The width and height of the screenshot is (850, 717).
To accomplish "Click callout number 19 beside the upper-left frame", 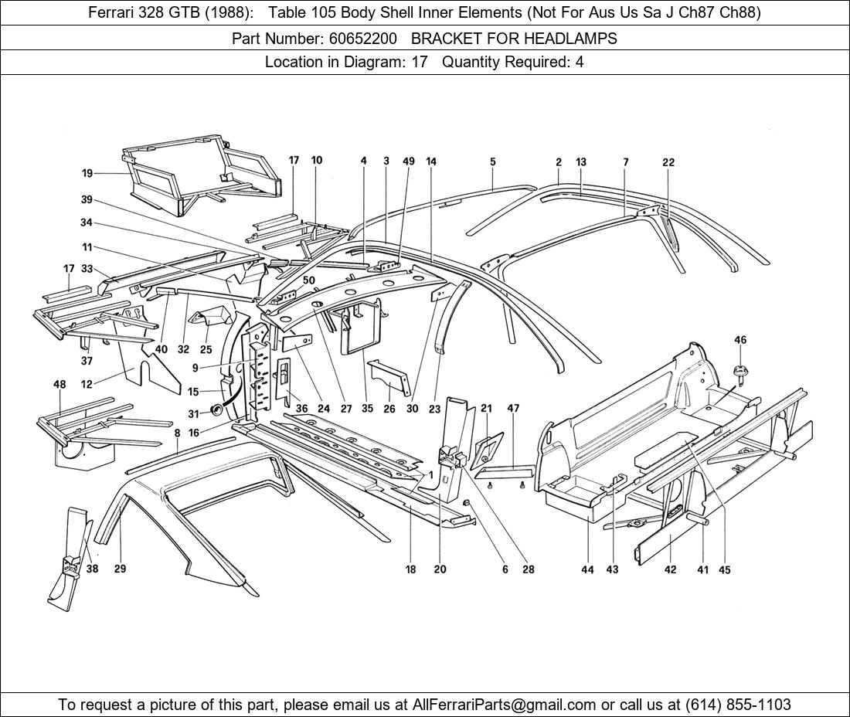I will click(87, 173).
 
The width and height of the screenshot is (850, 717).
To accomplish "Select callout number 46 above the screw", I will click(740, 340).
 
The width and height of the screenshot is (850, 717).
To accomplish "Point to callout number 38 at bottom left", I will click(93, 569).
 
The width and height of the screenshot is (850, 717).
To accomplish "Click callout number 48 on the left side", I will click(59, 384).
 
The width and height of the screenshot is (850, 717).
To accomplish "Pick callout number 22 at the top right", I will click(668, 162).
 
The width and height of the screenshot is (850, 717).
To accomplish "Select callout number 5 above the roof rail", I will click(492, 162).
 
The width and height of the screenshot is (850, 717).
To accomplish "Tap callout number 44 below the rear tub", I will click(588, 569).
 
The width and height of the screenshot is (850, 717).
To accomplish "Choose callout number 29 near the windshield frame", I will click(121, 569).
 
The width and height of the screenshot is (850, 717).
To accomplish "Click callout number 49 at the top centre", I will click(409, 161).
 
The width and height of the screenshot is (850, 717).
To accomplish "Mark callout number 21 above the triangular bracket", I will click(486, 408).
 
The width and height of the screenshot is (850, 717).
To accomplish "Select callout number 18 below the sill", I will click(410, 569).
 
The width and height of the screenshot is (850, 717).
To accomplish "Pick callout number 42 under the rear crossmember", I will click(670, 569).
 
